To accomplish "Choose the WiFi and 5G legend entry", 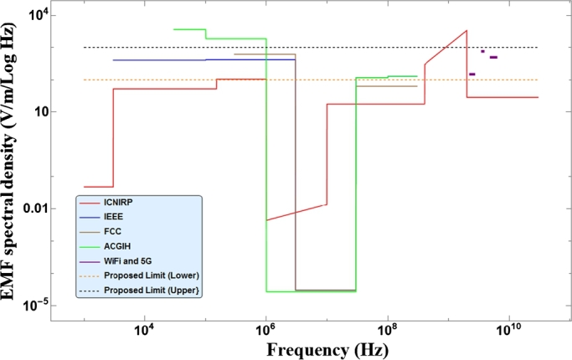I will coord(124,262).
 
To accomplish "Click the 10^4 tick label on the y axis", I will coord(39,15).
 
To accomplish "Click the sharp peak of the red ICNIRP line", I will coord(466,30).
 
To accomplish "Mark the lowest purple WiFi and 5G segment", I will coord(472,75).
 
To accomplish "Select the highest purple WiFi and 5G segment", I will coord(482,51).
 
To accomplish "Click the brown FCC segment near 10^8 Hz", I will coord(386,86).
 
